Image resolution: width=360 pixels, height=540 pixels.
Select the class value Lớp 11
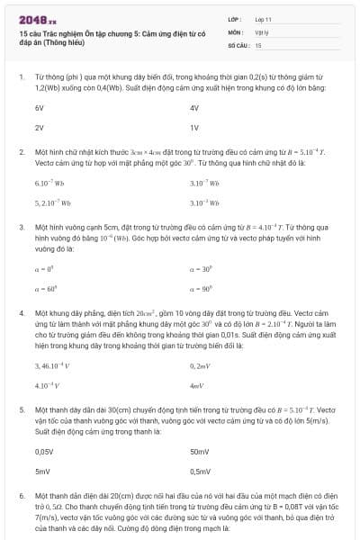pyautogui.click(x=263, y=19)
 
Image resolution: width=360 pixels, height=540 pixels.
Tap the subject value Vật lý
pyautogui.click(x=261, y=31)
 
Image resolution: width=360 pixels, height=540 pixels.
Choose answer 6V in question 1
pyautogui.click(x=40, y=107)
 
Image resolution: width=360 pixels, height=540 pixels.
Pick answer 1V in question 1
pyautogui.click(x=194, y=128)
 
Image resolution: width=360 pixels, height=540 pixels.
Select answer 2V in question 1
pyautogui.click(x=40, y=128)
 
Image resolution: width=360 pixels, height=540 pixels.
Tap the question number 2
pyautogui.click(x=22, y=153)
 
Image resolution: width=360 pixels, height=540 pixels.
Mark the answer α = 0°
pyautogui.click(x=44, y=267)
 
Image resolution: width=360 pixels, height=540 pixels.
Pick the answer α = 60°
pyautogui.click(x=45, y=287)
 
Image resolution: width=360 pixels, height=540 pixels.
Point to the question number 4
pyautogui.click(x=22, y=312)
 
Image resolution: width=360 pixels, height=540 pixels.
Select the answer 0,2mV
pyautogui.click(x=200, y=366)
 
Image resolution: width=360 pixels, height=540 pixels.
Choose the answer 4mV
pyautogui.click(x=197, y=386)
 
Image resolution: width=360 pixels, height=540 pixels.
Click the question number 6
pyautogui.click(x=22, y=496)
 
